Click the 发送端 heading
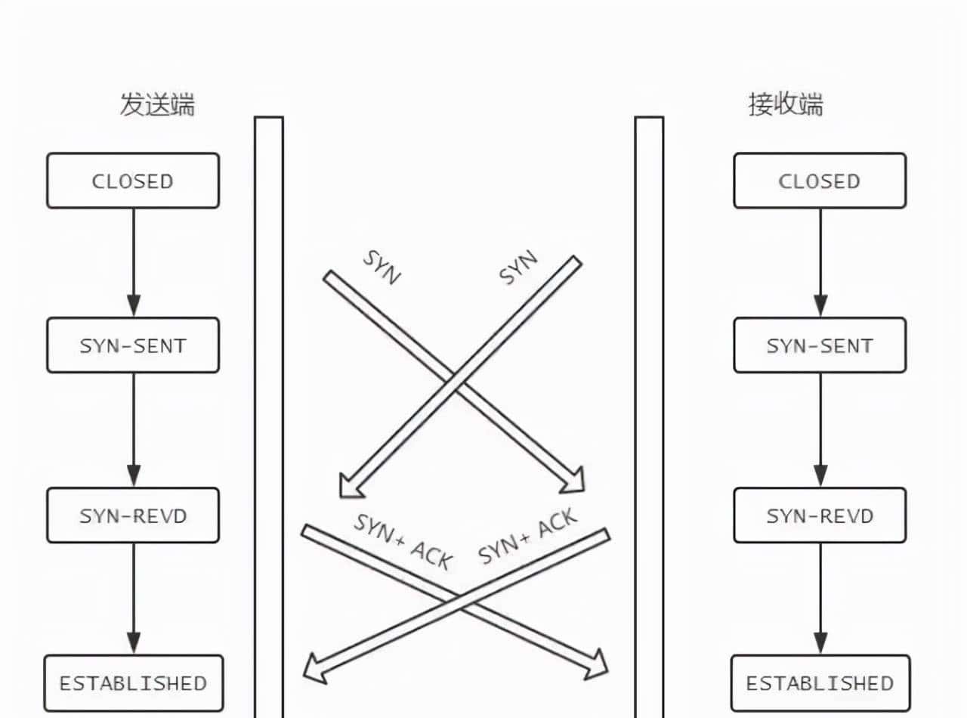(157, 104)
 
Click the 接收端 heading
(786, 104)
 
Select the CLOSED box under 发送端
(133, 181)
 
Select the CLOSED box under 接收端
(820, 181)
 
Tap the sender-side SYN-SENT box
(133, 345)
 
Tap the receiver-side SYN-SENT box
(820, 345)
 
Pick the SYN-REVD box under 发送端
(133, 515)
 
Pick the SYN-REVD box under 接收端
(820, 515)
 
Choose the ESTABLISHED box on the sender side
(134, 683)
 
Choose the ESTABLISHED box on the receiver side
(820, 683)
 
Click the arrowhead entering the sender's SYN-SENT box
(134, 306)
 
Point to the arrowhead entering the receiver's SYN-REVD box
(820, 475)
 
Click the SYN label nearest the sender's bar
(382, 267)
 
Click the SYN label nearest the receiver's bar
(519, 268)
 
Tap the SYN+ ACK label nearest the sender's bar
(403, 541)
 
